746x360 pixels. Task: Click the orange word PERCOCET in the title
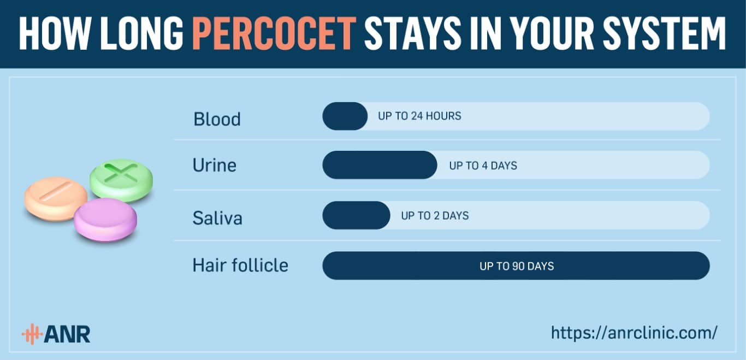click(274, 34)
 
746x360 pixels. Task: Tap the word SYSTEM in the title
click(664, 34)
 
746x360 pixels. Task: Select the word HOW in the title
click(55, 34)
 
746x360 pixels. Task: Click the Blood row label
click(217, 119)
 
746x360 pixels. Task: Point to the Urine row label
click(215, 165)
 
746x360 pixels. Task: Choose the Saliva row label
click(217, 218)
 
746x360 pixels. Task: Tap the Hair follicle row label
click(240, 265)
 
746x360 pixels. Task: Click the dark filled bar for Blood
click(345, 116)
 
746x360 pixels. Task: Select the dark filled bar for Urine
click(380, 165)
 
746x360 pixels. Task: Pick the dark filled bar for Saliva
click(357, 215)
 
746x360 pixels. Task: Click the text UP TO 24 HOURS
click(419, 116)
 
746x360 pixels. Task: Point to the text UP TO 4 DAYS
click(483, 166)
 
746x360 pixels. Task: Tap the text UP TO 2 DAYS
click(435, 216)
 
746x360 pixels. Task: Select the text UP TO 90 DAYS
click(517, 266)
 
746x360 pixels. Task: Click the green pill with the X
click(122, 180)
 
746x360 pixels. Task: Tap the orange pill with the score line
click(56, 199)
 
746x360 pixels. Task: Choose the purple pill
click(105, 220)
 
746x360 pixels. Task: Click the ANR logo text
click(67, 334)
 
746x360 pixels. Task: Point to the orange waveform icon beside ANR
click(32, 334)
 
